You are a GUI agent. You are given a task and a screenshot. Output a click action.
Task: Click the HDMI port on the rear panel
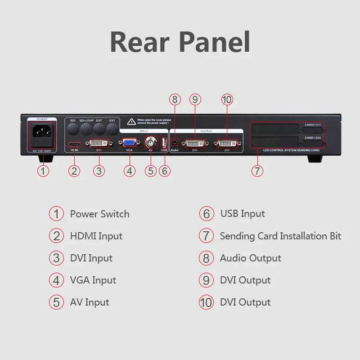click(x=74, y=144)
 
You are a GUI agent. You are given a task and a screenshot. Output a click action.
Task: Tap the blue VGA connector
click(x=130, y=143)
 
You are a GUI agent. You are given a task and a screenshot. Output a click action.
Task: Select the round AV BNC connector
click(x=151, y=143)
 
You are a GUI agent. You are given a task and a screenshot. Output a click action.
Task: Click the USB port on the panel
click(x=164, y=143)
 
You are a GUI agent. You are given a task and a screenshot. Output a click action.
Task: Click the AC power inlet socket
click(x=43, y=133)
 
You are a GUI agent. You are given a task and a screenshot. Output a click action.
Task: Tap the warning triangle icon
click(x=131, y=121)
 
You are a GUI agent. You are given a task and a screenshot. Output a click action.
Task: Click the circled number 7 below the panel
click(x=257, y=171)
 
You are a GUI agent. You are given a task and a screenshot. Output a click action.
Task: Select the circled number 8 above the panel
click(x=175, y=99)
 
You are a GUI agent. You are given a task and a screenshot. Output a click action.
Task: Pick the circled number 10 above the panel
click(x=227, y=99)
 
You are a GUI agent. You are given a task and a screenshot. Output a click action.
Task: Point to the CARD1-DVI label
click(x=312, y=138)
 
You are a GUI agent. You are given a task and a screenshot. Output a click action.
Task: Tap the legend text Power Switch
click(x=99, y=214)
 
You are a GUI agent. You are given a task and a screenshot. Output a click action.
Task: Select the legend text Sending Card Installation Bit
click(x=280, y=236)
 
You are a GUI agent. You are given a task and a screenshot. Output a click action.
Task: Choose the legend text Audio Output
click(x=250, y=258)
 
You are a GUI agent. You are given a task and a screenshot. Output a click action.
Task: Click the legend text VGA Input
click(x=93, y=280)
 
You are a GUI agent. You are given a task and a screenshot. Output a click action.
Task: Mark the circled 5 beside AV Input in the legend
click(x=56, y=302)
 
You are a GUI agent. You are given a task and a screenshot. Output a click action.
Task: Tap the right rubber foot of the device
click(x=315, y=159)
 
